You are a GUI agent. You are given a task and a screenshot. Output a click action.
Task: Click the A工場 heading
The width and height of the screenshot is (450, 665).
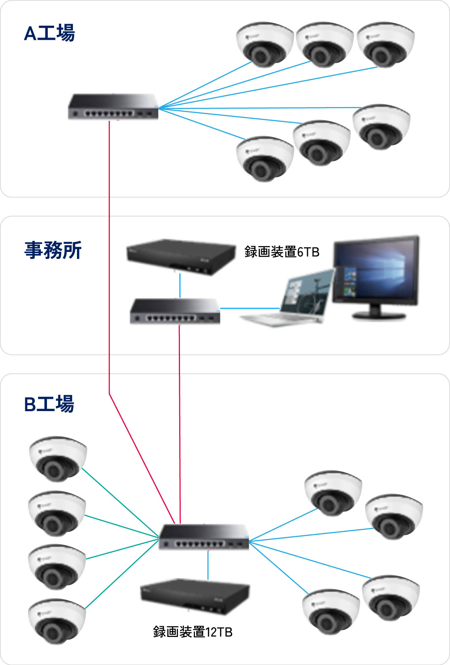49,33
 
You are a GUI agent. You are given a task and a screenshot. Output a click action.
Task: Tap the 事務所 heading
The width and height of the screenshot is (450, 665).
53,250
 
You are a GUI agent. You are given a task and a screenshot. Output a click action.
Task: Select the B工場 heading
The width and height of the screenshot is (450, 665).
49,404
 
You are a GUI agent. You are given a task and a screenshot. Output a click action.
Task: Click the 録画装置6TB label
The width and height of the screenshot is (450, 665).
282,252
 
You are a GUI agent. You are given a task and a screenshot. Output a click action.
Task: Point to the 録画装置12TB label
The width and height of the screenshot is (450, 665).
193,631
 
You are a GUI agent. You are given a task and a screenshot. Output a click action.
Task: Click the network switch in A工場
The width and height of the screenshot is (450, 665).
113,107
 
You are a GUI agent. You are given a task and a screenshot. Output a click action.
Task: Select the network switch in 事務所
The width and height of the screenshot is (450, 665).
175,311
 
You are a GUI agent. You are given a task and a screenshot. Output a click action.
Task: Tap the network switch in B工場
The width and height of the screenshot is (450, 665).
204,537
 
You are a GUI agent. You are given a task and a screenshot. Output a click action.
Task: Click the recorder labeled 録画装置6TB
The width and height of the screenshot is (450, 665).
181,257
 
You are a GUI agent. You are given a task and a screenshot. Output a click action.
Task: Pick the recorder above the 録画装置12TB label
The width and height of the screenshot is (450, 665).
195,596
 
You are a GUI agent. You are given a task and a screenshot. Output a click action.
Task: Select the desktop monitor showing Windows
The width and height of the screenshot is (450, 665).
376,277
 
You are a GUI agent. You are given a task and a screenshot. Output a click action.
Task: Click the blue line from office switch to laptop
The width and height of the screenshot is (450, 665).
250,308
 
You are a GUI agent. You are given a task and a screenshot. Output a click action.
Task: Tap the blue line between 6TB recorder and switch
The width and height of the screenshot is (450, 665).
180,286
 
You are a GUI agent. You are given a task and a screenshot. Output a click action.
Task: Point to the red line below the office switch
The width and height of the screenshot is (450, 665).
180,425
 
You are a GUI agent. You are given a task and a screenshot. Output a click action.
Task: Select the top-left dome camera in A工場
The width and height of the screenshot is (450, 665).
265,45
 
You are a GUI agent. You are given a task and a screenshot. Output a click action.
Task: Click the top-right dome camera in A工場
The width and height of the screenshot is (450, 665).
385,45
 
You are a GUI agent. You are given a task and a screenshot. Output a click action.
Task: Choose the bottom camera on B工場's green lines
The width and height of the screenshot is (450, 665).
57,621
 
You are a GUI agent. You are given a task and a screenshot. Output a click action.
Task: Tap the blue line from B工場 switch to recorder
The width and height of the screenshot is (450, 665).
208,565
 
